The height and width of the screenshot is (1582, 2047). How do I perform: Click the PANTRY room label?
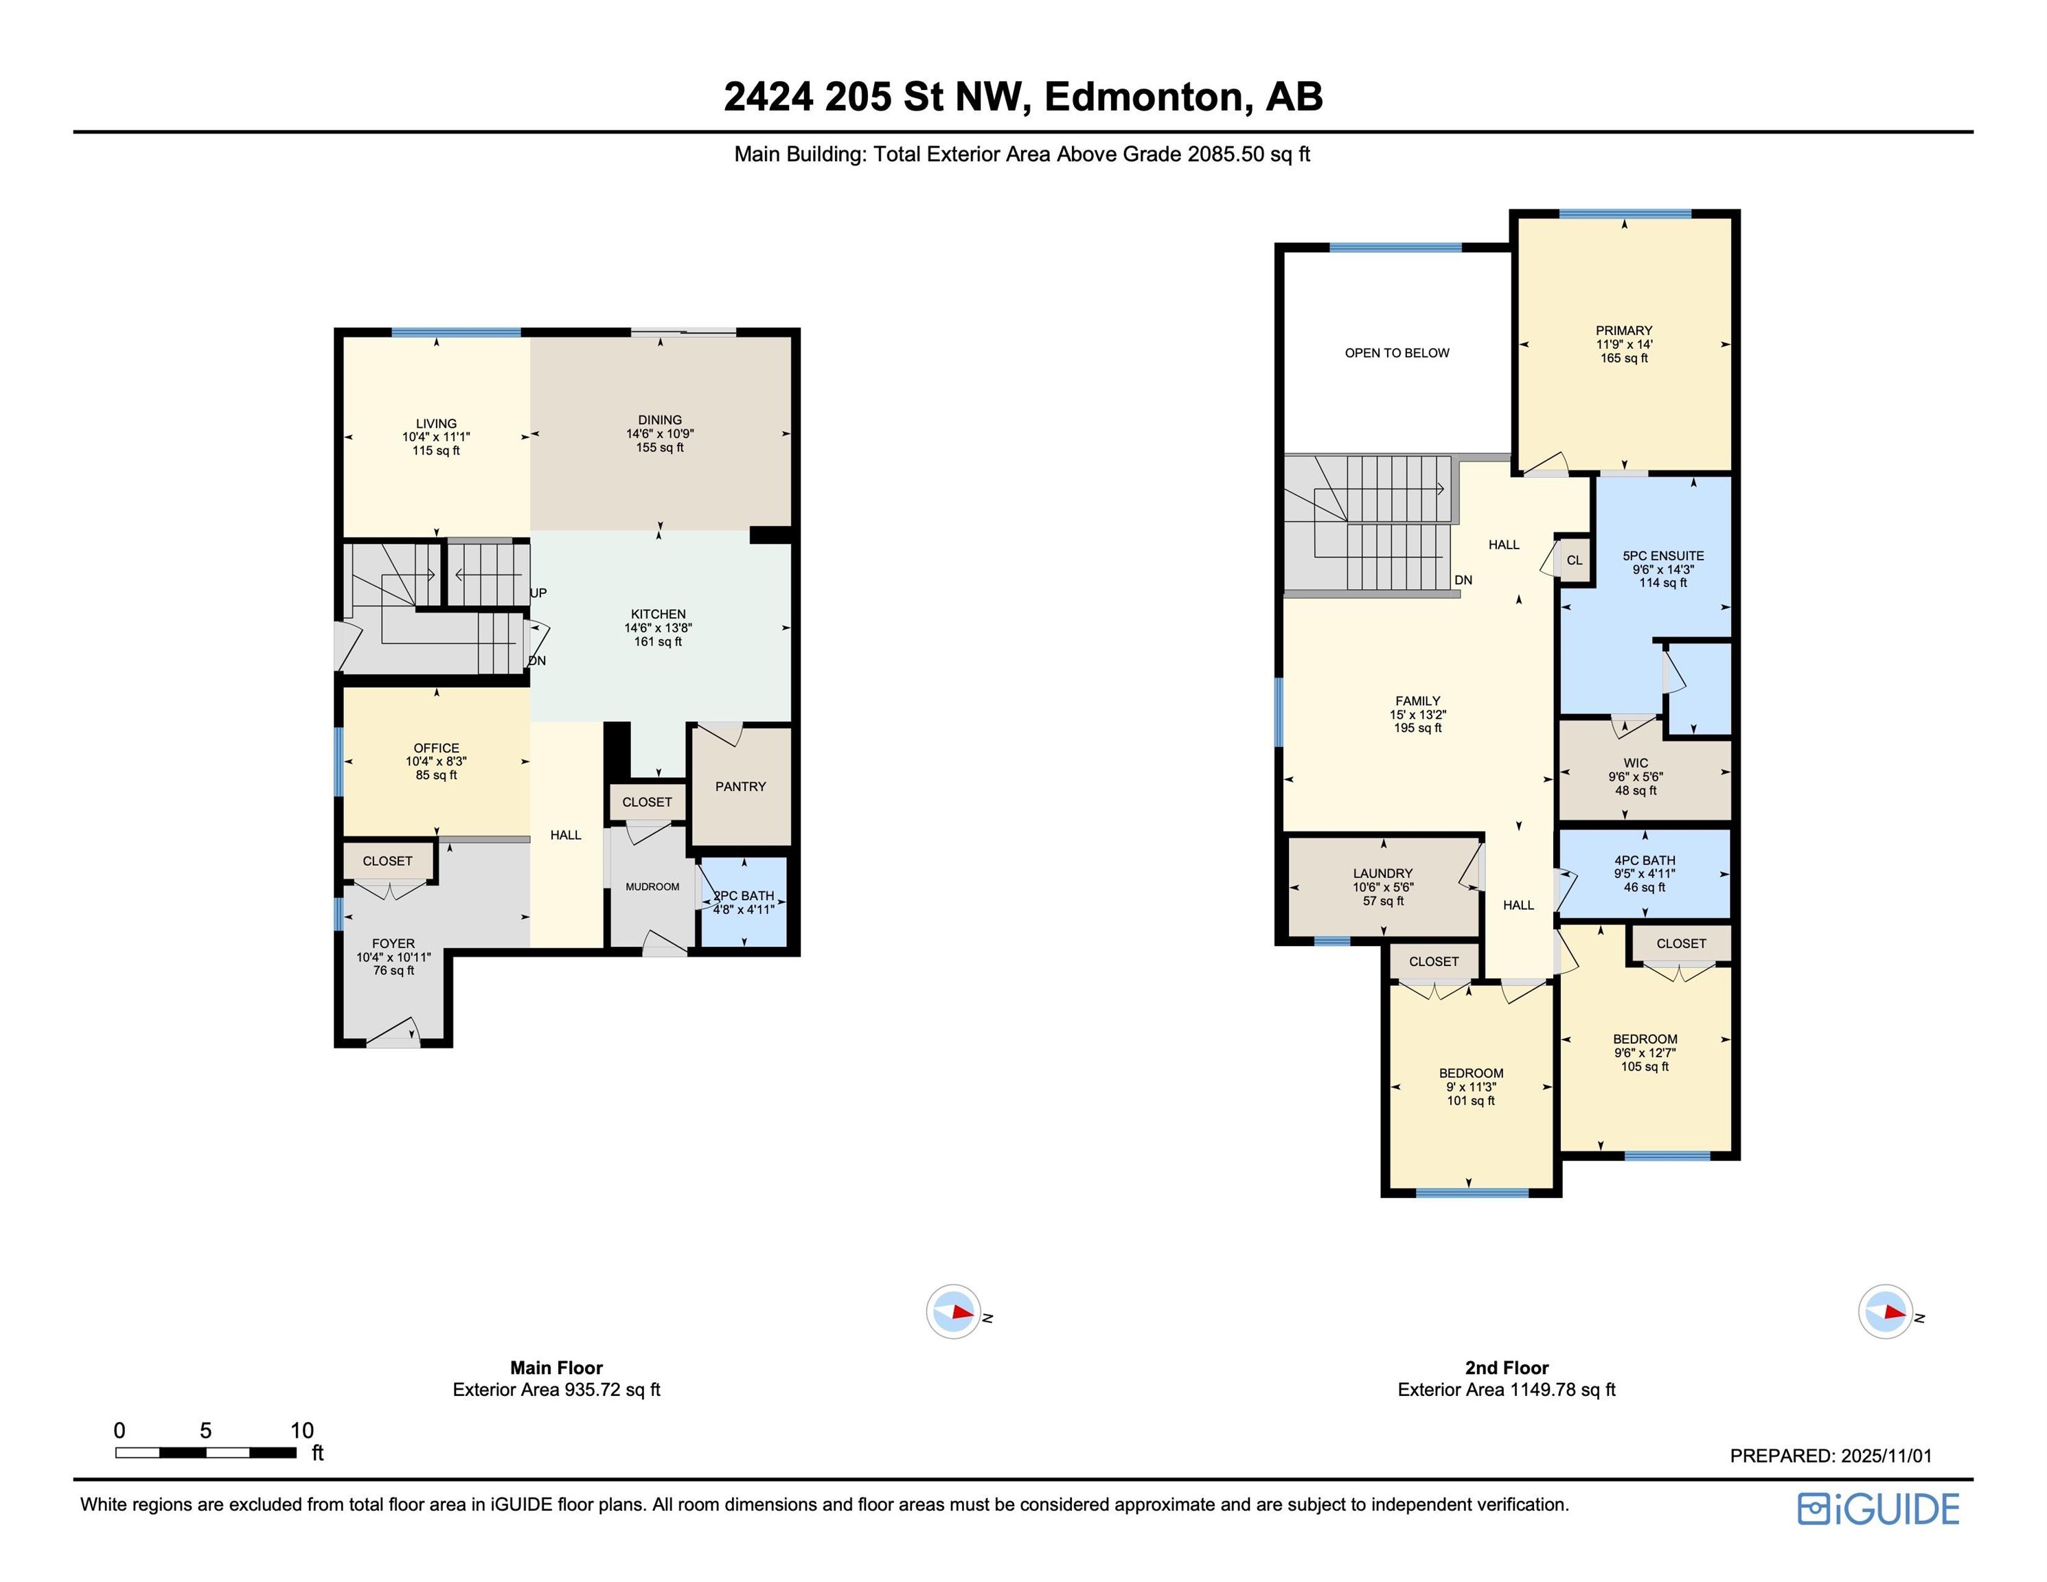(x=740, y=786)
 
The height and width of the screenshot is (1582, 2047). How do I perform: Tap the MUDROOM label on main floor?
(x=652, y=886)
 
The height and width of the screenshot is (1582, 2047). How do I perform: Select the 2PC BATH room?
(x=744, y=902)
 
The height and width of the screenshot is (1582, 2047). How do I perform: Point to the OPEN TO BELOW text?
(x=1397, y=354)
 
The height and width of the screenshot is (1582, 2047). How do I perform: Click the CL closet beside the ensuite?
(x=1575, y=560)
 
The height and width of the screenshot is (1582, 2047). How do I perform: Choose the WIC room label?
(x=1636, y=763)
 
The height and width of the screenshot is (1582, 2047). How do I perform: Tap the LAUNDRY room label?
(x=1382, y=873)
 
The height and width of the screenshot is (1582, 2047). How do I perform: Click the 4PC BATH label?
(x=1644, y=860)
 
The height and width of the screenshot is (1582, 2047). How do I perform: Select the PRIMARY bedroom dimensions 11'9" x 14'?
(x=1624, y=344)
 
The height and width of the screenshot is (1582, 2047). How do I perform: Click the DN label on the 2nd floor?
(x=1463, y=580)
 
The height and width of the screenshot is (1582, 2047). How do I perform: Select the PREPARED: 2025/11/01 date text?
(x=1831, y=1456)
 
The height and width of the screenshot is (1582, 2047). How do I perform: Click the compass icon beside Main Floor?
(x=953, y=1311)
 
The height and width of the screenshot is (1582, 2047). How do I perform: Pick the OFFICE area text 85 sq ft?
(x=436, y=775)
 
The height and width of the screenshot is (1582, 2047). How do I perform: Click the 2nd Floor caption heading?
(x=1506, y=1367)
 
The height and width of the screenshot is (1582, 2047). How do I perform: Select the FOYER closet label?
(x=387, y=861)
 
